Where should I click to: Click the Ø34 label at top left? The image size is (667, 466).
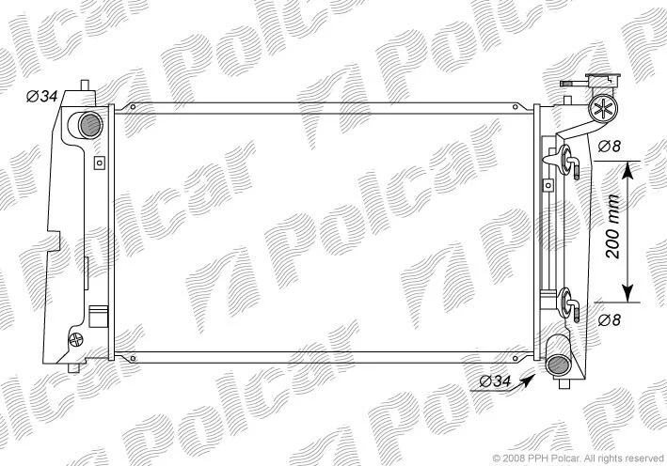click(x=41, y=97)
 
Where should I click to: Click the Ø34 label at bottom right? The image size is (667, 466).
click(x=495, y=381)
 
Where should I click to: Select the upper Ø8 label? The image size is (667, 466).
click(x=610, y=147)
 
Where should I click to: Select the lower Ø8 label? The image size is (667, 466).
click(x=610, y=319)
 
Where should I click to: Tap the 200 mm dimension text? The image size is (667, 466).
click(x=613, y=226)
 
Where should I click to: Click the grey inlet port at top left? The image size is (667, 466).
click(x=90, y=125)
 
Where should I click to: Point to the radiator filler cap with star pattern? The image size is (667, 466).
click(x=603, y=109)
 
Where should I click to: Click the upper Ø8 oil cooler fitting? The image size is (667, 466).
click(x=567, y=161)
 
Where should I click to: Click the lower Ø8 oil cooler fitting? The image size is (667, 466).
click(x=568, y=303)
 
